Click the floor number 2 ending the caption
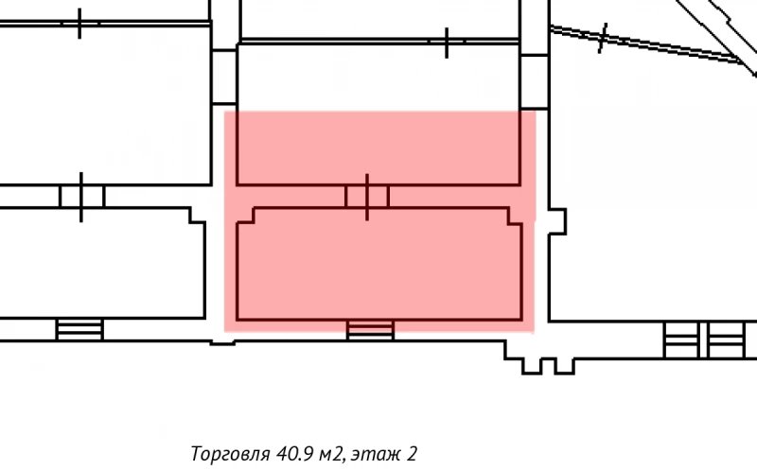[x=413, y=454]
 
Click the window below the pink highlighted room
[x=370, y=329]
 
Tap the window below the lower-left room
[x=79, y=329]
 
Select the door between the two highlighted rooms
[x=367, y=196]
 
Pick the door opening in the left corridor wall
[x=81, y=196]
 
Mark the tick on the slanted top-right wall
[x=603, y=39]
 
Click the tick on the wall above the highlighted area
[x=447, y=42]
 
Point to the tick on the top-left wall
[x=79, y=23]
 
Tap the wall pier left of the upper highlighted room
[x=223, y=77]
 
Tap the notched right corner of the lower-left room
[x=196, y=217]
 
